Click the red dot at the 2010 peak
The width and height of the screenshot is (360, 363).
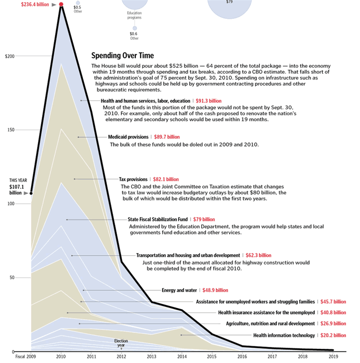click(62, 5)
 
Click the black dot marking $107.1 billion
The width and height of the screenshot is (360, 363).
click(31, 193)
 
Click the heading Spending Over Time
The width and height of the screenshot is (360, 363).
click(122, 56)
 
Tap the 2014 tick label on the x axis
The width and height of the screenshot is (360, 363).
click(182, 356)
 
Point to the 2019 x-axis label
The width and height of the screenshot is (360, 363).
click(333, 356)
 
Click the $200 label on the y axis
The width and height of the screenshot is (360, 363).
click(10, 56)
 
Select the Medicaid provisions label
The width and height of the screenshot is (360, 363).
click(128, 137)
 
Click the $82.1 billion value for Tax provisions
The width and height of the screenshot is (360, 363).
click(167, 179)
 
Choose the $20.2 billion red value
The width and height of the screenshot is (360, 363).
click(333, 335)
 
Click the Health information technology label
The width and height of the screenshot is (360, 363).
click(284, 335)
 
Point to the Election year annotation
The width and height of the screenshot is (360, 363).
click(121, 343)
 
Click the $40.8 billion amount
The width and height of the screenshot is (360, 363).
click(333, 313)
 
